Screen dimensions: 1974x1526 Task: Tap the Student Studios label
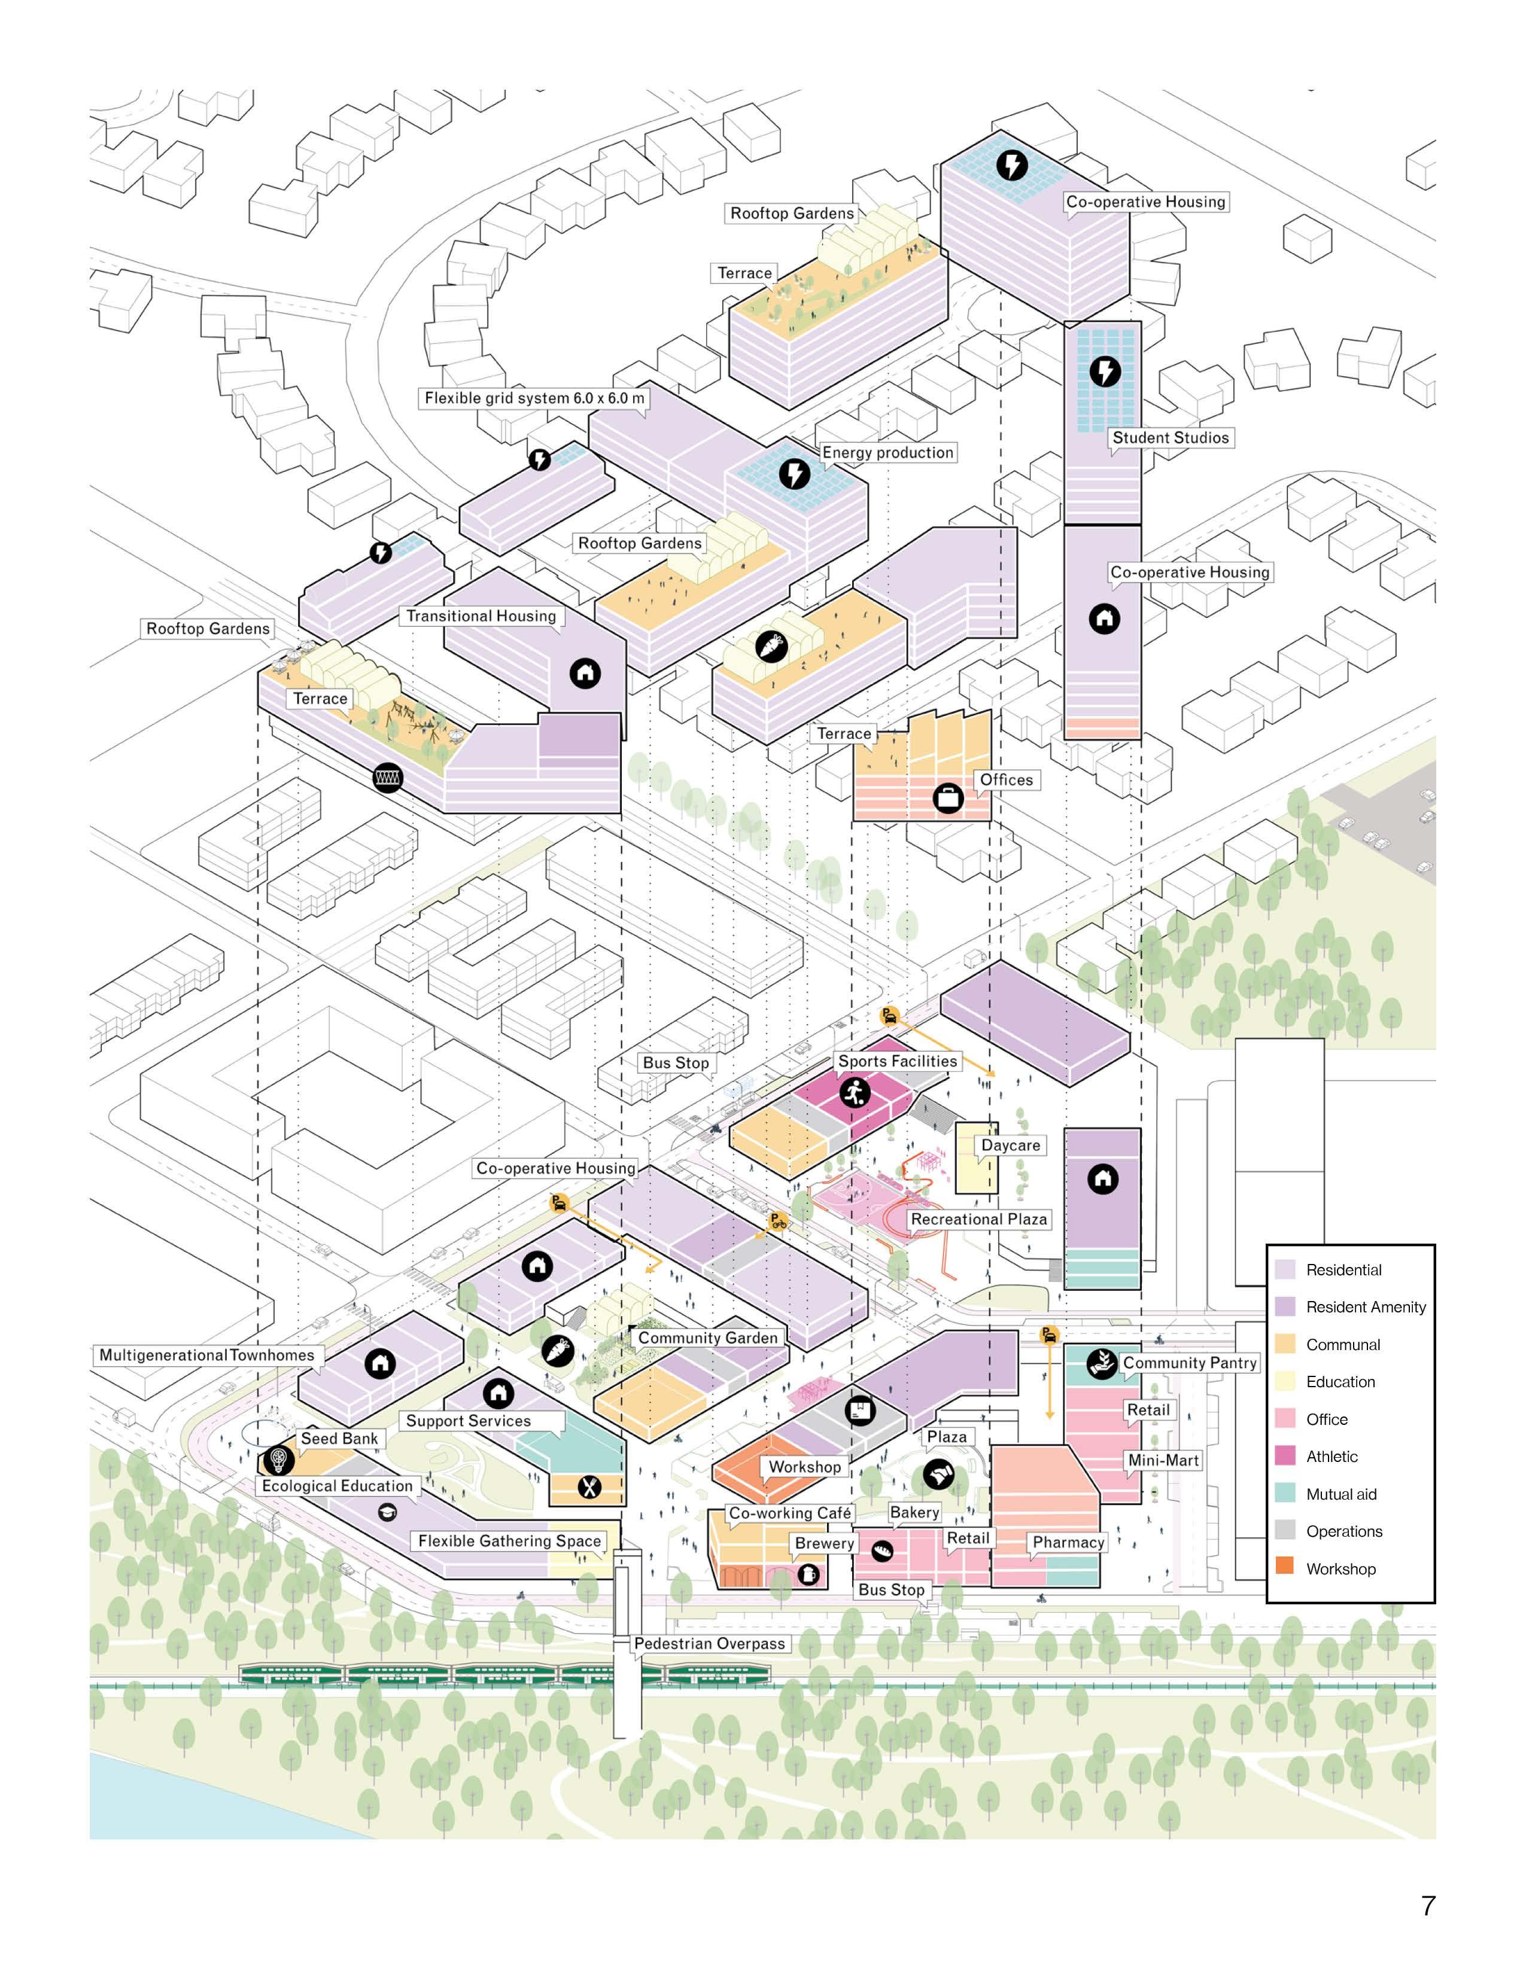[x=1170, y=437]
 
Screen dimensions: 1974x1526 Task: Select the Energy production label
[x=887, y=453]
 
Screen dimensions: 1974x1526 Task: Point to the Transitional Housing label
[x=481, y=616]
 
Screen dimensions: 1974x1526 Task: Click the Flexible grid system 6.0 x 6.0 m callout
[x=534, y=398]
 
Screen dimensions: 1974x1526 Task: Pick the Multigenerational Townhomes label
[x=207, y=1355]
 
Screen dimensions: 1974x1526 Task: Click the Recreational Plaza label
[x=978, y=1219]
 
